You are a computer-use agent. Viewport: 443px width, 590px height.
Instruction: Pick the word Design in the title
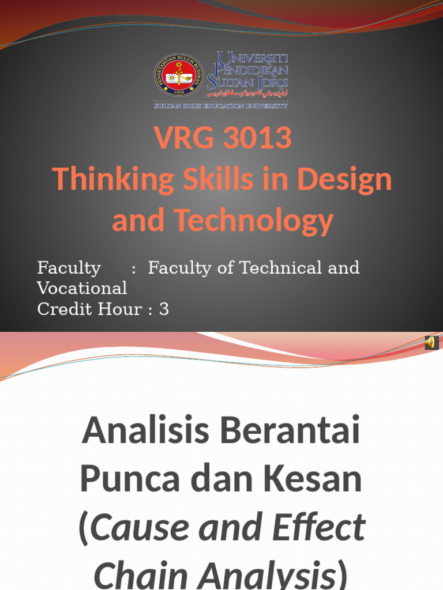(x=347, y=180)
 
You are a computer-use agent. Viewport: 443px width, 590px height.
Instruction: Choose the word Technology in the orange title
(x=254, y=221)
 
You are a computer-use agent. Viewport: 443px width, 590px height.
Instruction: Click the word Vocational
(x=82, y=288)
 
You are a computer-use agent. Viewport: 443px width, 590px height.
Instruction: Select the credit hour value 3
(x=164, y=309)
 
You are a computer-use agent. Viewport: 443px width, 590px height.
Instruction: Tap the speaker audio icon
(x=431, y=343)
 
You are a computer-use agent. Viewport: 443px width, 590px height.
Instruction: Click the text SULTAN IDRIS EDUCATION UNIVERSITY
(x=221, y=106)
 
